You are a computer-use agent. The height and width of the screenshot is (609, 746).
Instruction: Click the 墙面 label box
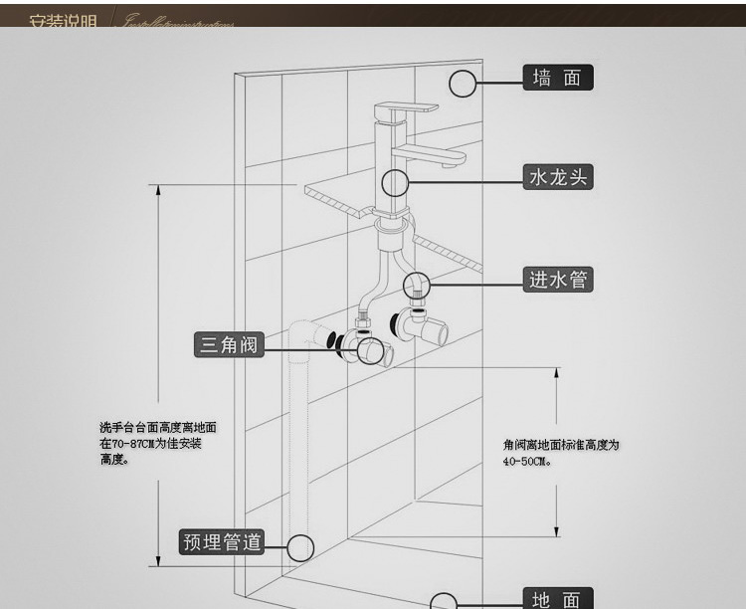coord(557,78)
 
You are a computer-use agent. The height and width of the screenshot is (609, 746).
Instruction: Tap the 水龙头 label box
coord(558,178)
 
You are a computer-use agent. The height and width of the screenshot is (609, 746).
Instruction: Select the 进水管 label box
coord(558,280)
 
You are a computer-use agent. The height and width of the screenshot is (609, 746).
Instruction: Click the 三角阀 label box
coord(229,344)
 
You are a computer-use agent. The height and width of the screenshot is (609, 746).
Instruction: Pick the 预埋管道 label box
coord(221,542)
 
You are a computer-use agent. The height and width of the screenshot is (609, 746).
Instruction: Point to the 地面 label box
coord(557,599)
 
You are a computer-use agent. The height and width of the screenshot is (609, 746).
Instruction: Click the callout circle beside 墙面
coord(464,84)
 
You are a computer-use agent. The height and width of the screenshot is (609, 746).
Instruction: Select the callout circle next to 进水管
coord(418,286)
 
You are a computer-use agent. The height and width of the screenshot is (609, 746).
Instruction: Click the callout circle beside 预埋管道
coord(299,547)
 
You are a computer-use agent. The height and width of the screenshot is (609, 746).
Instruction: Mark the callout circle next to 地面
coord(444,601)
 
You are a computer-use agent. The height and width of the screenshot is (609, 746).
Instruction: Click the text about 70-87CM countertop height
coord(157,443)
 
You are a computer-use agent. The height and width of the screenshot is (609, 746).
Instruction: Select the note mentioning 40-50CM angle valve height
coord(560,453)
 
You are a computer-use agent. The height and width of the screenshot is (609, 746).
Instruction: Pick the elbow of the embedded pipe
coord(307,334)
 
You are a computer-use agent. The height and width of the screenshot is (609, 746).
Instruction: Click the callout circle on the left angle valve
coord(349,344)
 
